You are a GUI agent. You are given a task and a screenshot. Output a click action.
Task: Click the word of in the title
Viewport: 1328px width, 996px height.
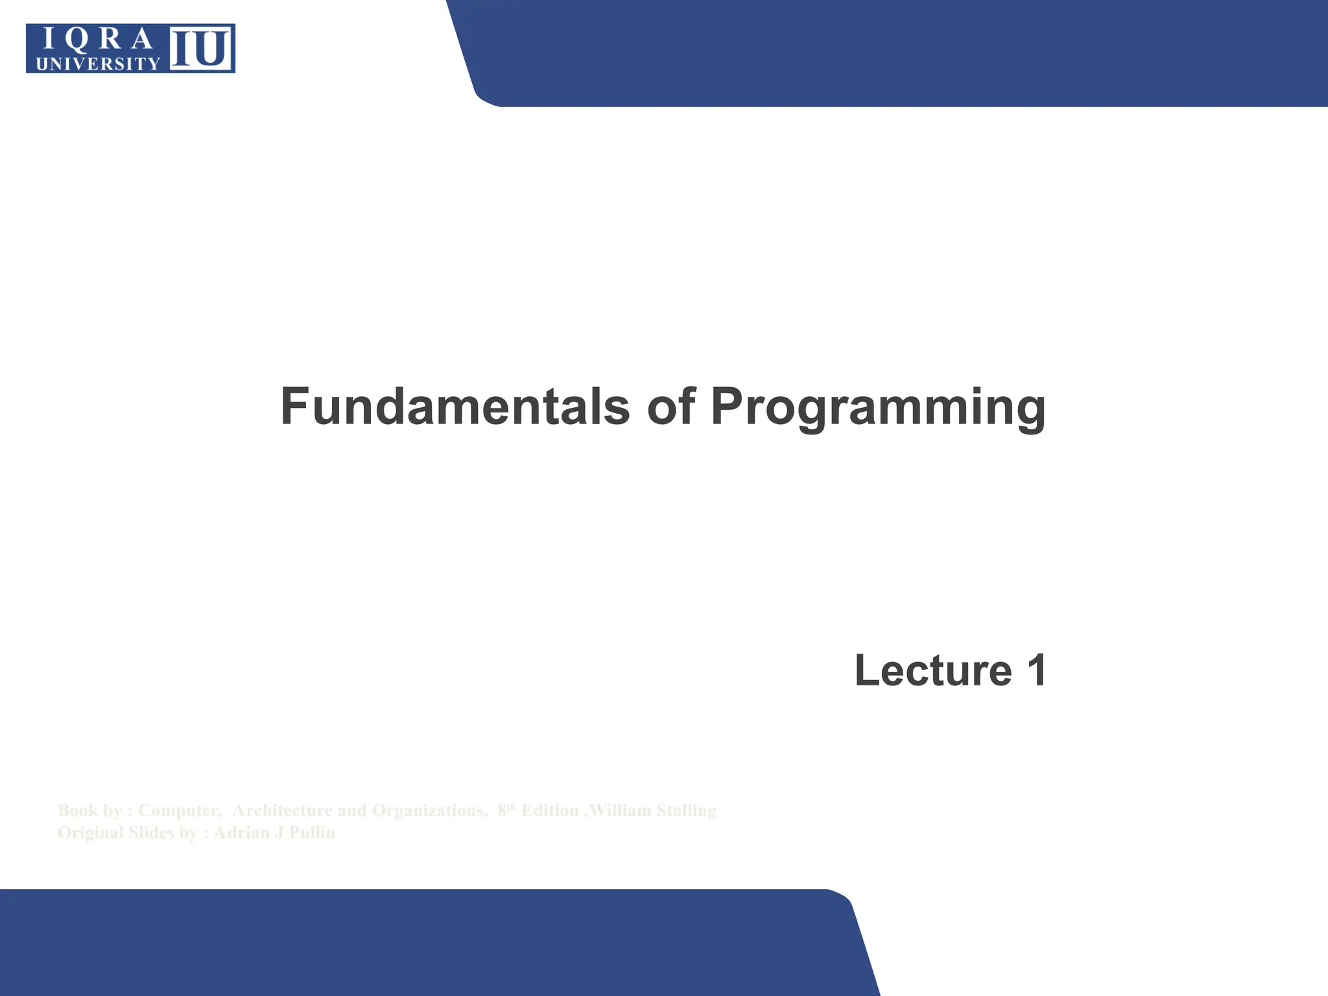671,407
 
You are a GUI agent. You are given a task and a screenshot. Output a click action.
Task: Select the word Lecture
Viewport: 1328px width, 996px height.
933,670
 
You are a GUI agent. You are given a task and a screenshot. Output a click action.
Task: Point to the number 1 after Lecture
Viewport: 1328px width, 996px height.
1036,670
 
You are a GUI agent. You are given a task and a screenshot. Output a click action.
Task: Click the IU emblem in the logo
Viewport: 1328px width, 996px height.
201,49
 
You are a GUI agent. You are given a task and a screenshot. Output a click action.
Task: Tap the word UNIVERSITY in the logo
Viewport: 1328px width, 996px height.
98,64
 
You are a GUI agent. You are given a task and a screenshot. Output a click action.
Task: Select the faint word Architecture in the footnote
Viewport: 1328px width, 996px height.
282,811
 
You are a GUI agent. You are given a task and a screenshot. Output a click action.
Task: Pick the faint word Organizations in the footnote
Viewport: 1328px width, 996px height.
429,811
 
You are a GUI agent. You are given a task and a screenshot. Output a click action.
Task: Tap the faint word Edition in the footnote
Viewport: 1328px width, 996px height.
550,811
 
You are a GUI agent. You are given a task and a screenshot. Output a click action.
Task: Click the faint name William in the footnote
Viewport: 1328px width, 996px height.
621,811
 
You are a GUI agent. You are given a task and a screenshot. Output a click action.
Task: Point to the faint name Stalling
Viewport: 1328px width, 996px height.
686,811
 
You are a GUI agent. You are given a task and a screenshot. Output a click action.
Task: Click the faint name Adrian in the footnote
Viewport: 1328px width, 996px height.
242,833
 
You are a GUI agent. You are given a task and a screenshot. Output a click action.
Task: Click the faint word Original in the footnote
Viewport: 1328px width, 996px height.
90,833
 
